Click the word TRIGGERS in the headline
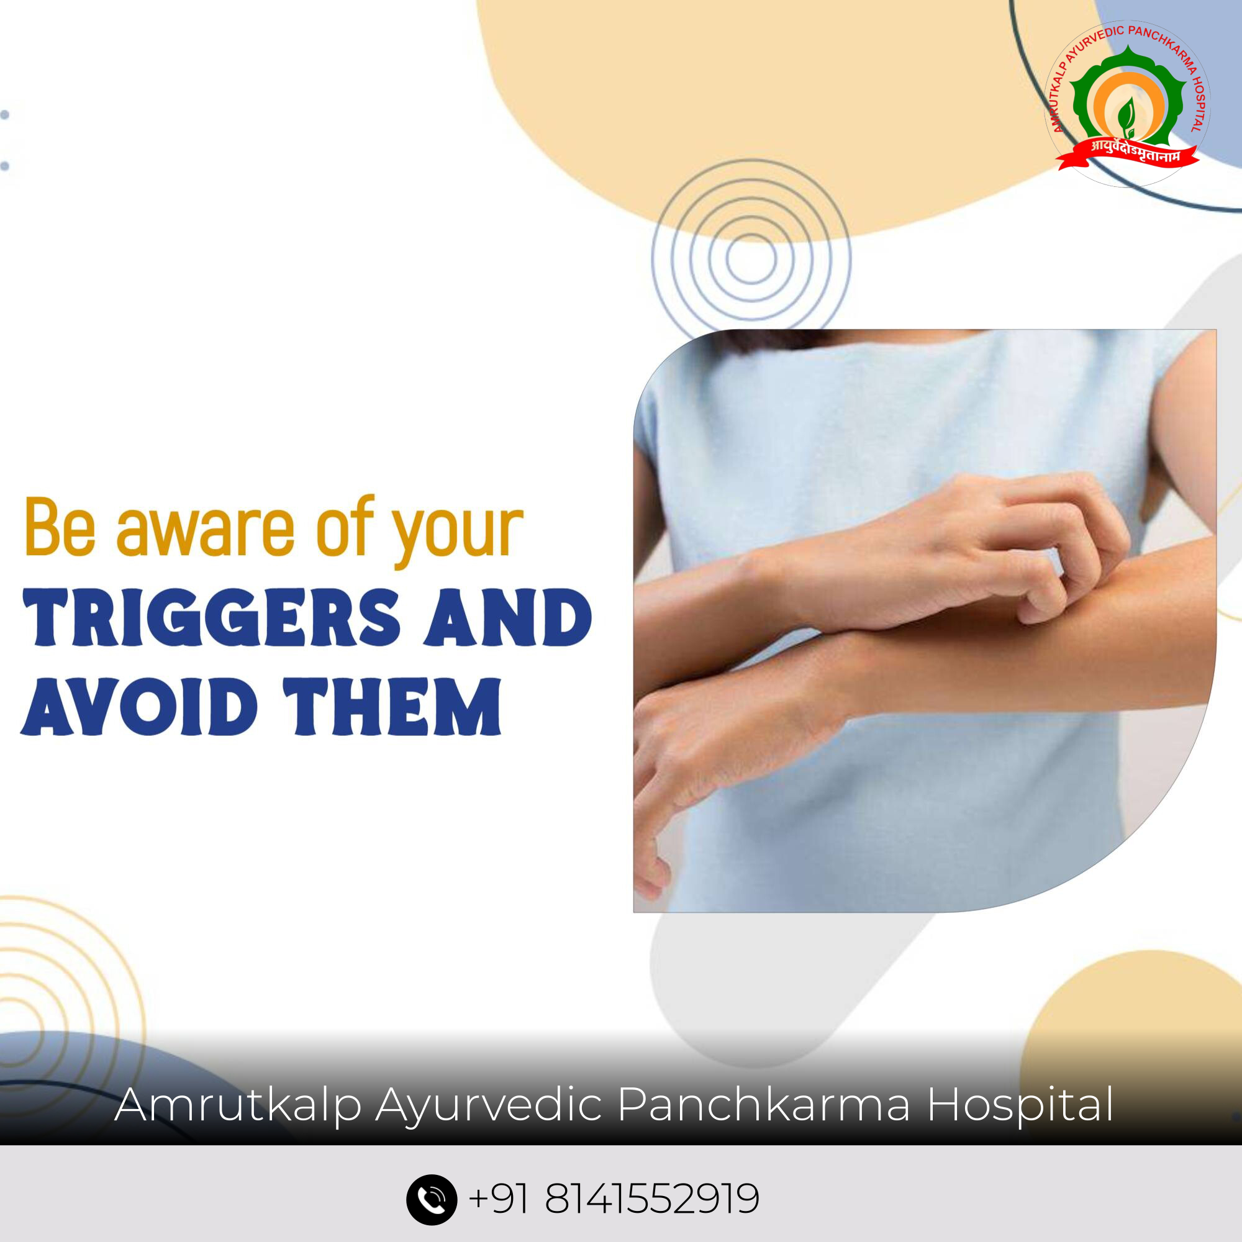[212, 617]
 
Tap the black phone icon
[432, 1200]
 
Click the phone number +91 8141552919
[614, 1199]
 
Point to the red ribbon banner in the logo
[1129, 156]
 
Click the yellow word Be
[60, 527]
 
